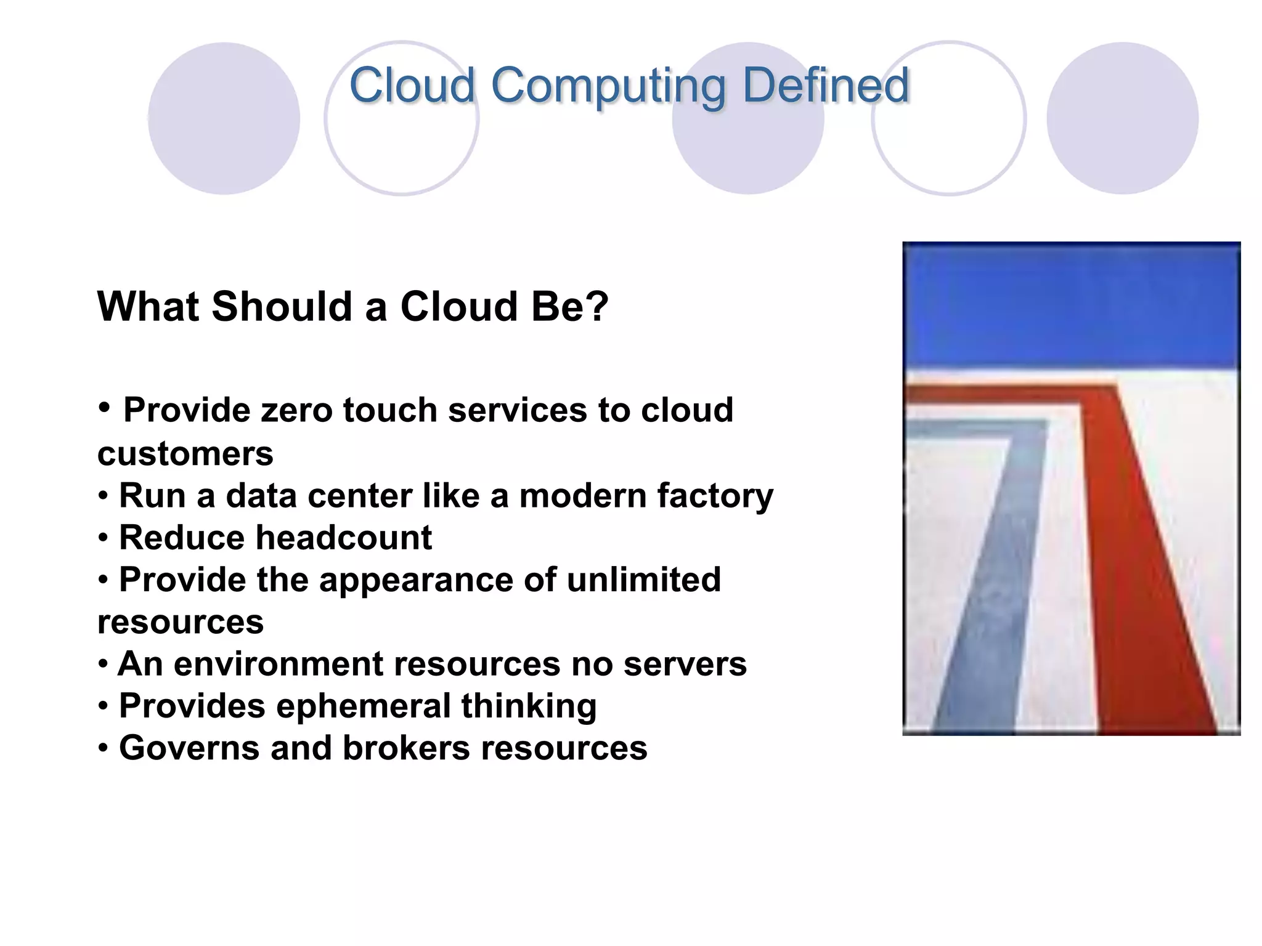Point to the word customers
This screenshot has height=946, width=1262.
pyautogui.click(x=185, y=454)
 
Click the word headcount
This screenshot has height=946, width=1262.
pyautogui.click(x=343, y=538)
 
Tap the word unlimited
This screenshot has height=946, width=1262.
pyautogui.click(x=643, y=580)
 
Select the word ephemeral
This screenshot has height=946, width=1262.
pyautogui.click(x=363, y=706)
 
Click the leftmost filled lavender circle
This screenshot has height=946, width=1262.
pyautogui.click(x=224, y=118)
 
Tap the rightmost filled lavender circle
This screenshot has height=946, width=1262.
pyautogui.click(x=1122, y=118)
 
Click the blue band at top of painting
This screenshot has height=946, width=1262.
pyautogui.click(x=1071, y=305)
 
